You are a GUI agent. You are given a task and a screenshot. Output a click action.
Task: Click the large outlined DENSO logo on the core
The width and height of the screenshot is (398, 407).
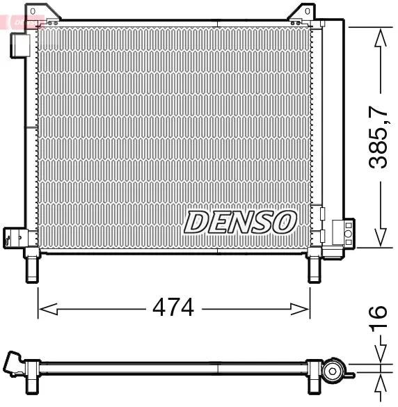[240, 222]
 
